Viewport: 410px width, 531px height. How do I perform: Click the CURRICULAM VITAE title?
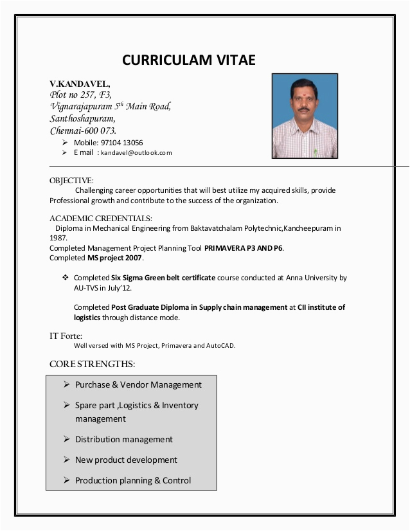(x=189, y=60)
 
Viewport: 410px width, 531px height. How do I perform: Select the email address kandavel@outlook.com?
(x=136, y=153)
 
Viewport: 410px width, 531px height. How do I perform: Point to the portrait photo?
(x=304, y=116)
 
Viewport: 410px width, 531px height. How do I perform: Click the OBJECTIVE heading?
(x=71, y=181)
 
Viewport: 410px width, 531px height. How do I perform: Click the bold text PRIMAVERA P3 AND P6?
(x=244, y=248)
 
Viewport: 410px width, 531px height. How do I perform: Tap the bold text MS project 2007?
(x=115, y=258)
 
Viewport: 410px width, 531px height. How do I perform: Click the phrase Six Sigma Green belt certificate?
(x=164, y=278)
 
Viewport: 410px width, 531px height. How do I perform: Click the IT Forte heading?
(x=66, y=336)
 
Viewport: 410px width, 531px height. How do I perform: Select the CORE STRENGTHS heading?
(x=92, y=364)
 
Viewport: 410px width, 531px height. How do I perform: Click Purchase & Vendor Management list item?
(x=138, y=385)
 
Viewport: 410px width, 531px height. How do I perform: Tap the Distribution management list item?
(x=123, y=440)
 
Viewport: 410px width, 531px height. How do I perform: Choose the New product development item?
(x=126, y=460)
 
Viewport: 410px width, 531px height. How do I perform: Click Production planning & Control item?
(x=132, y=481)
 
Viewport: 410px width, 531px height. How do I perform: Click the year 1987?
(x=58, y=237)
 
